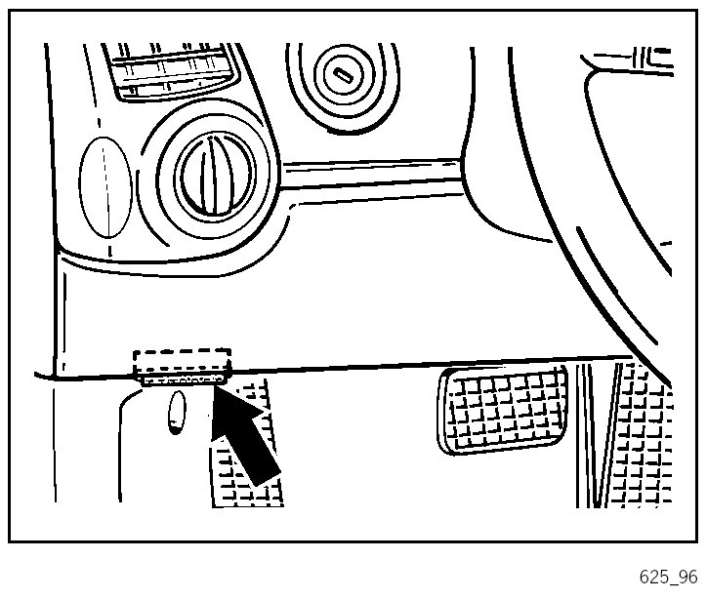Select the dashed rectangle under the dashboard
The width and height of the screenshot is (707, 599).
pos(182,360)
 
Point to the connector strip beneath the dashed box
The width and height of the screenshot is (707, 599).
pos(183,378)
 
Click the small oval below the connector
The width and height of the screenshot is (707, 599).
pos(178,411)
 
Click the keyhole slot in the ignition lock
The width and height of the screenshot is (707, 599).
pos(344,73)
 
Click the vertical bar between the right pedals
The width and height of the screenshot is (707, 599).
pos(586,429)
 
